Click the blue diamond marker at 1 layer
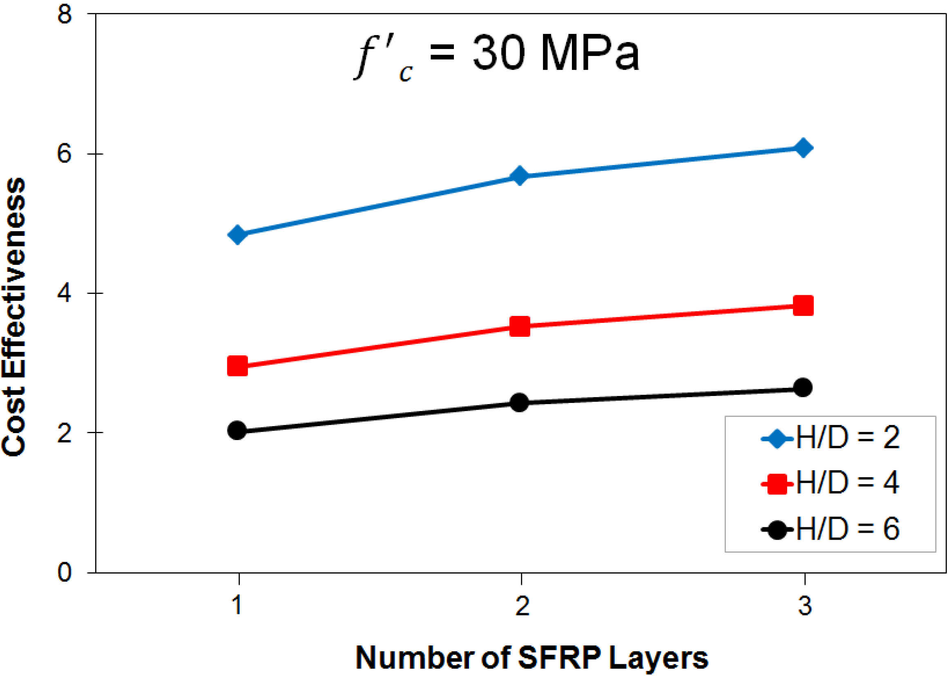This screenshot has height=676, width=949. (237, 235)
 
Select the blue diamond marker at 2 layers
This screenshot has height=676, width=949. (520, 176)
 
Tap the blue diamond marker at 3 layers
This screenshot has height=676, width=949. (803, 148)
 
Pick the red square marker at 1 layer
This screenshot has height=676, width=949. (237, 366)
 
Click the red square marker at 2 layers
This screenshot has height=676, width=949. (520, 326)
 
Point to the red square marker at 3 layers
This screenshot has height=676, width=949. (803, 306)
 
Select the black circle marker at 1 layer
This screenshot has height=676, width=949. (237, 430)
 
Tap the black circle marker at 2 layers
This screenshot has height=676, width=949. (520, 402)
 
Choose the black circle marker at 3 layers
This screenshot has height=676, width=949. (803, 387)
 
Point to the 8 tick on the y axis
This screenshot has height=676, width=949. (65, 15)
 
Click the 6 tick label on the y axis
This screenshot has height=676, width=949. (65, 153)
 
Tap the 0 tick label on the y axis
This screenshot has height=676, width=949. (65, 573)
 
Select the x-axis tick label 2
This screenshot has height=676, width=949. (523, 606)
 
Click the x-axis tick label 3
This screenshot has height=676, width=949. (805, 606)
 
